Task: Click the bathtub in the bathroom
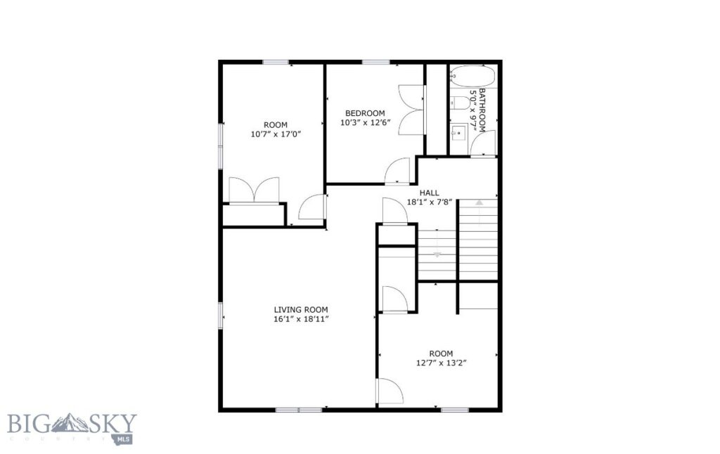click(473, 76)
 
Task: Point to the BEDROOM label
click(365, 113)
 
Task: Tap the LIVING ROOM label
click(301, 309)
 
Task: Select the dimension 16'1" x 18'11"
click(301, 319)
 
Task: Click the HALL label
click(429, 193)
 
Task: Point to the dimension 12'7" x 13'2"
click(442, 363)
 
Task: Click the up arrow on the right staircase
click(479, 203)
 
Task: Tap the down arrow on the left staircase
click(437, 253)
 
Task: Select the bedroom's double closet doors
click(412, 109)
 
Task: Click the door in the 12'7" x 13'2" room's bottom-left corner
click(387, 391)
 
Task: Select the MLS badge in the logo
click(128, 439)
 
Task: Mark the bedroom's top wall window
click(376, 63)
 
